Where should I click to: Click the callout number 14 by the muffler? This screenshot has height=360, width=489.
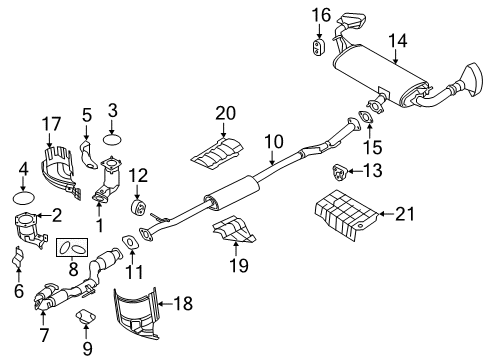[398, 40]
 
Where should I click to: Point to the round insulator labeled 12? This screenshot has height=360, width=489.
[140, 207]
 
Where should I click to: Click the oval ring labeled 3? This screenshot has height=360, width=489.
[114, 135]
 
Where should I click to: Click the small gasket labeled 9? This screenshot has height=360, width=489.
[87, 319]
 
